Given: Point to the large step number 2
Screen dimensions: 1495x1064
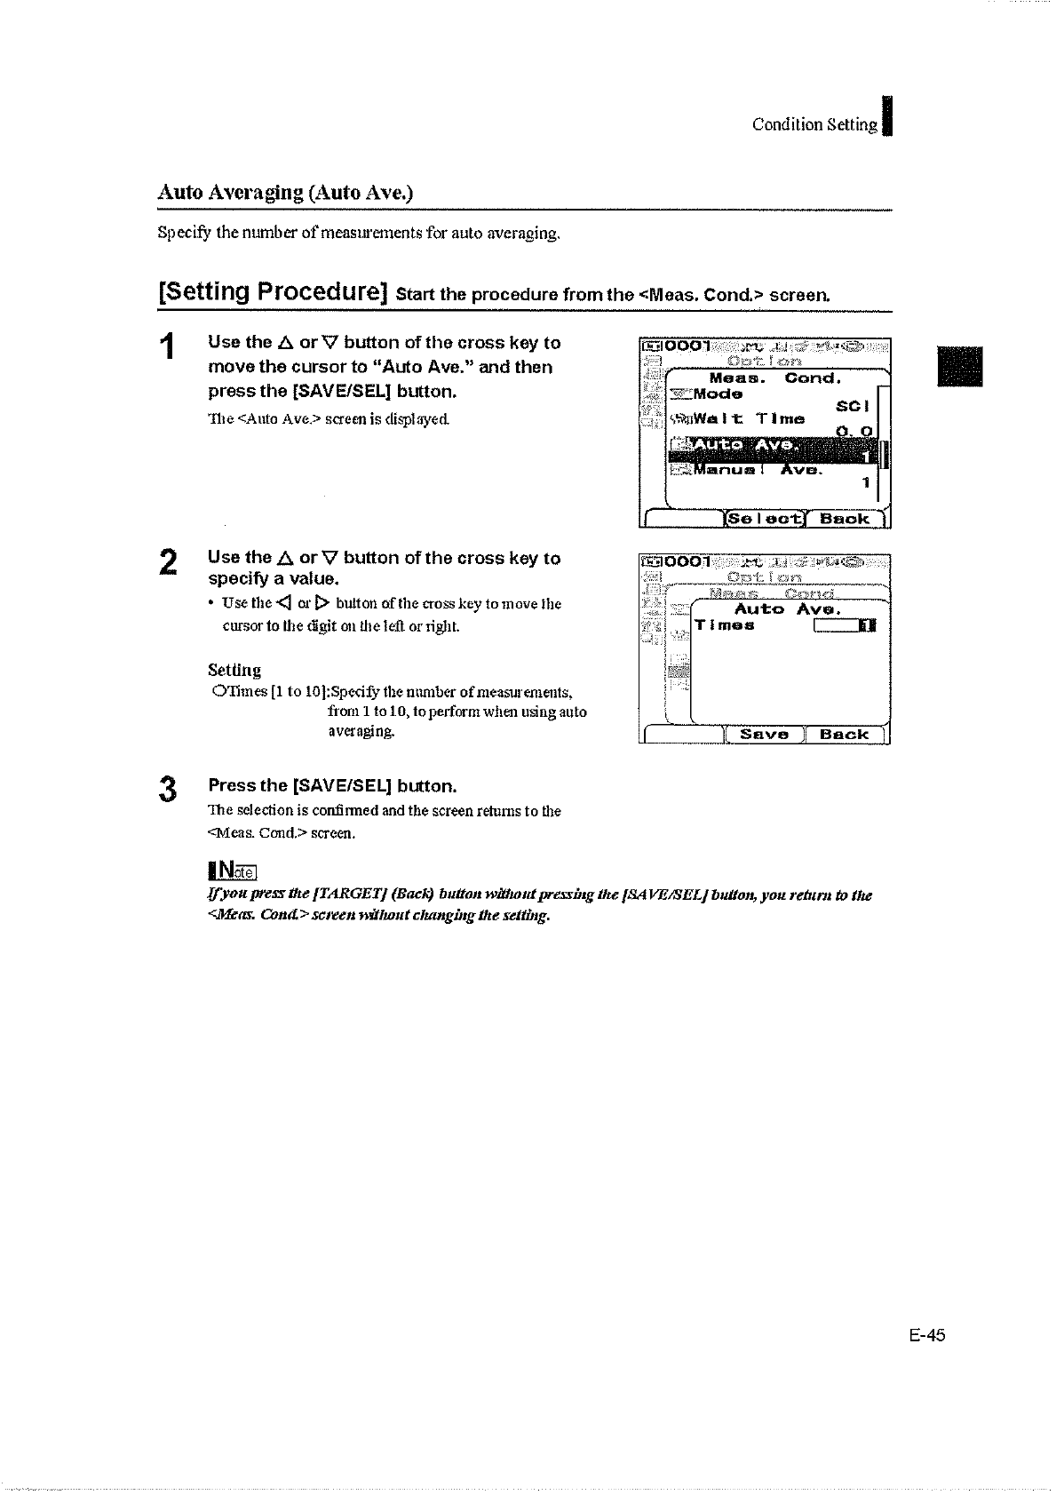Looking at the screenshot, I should pos(168,564).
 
